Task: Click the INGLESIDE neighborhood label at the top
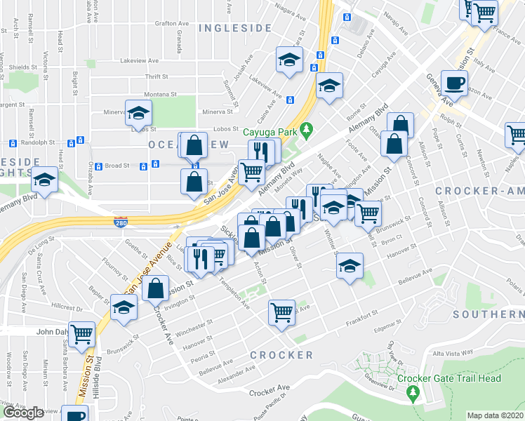234,28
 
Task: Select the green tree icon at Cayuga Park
305,129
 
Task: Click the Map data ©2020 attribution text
495,415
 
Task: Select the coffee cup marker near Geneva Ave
454,83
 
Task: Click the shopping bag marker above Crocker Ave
156,287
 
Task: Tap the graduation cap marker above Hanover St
349,265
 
